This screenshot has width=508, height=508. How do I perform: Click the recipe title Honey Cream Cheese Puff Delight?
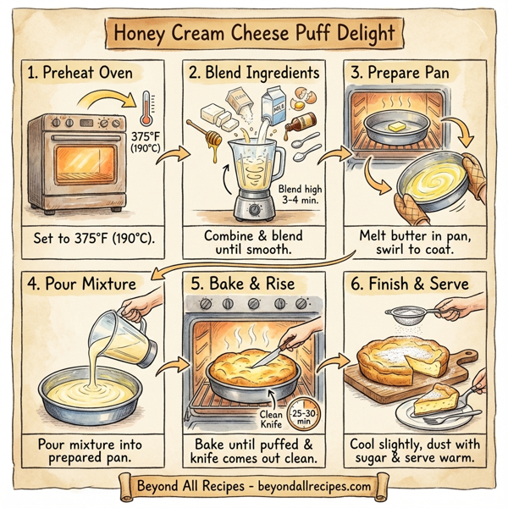click(254, 35)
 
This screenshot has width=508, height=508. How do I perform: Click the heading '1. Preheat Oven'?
click(80, 74)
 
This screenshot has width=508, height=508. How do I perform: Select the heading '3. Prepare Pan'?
click(404, 74)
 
